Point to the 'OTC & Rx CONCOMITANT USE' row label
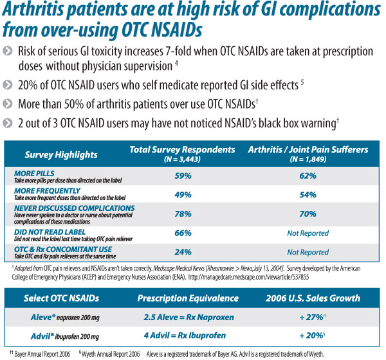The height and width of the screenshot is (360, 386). [x=59, y=248]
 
